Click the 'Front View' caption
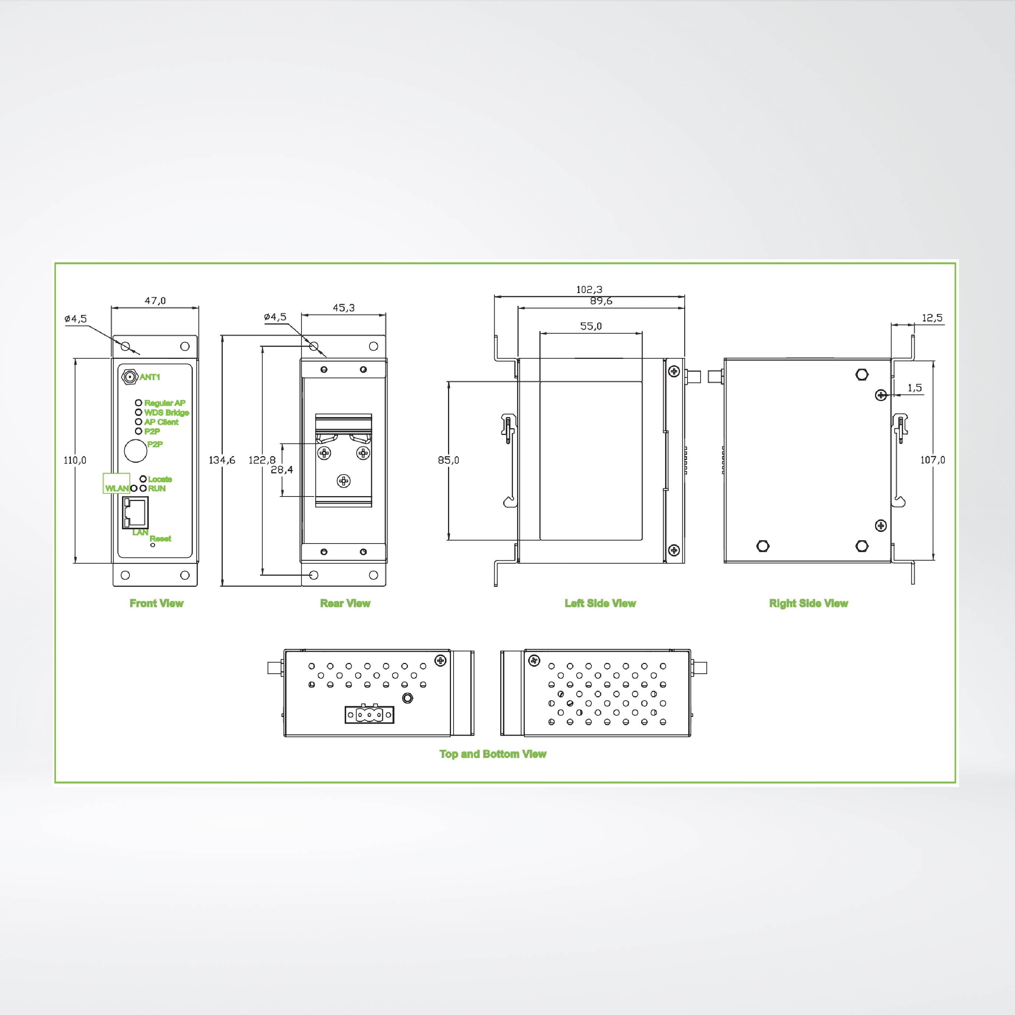click(x=157, y=604)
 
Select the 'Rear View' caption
click(x=345, y=604)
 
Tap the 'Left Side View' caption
click(x=600, y=604)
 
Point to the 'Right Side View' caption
click(x=809, y=604)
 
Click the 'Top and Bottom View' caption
click(x=493, y=754)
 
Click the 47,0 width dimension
click(x=155, y=301)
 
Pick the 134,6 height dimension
click(x=222, y=460)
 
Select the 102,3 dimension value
click(x=589, y=289)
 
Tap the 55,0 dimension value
click(x=590, y=326)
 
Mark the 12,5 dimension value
click(x=932, y=318)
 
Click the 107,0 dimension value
click(x=933, y=460)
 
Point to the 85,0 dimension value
click(x=448, y=460)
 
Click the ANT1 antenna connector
click(x=129, y=377)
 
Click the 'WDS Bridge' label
click(x=166, y=413)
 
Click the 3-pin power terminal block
click(x=369, y=714)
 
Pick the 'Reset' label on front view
click(x=160, y=539)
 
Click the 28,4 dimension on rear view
click(x=282, y=470)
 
